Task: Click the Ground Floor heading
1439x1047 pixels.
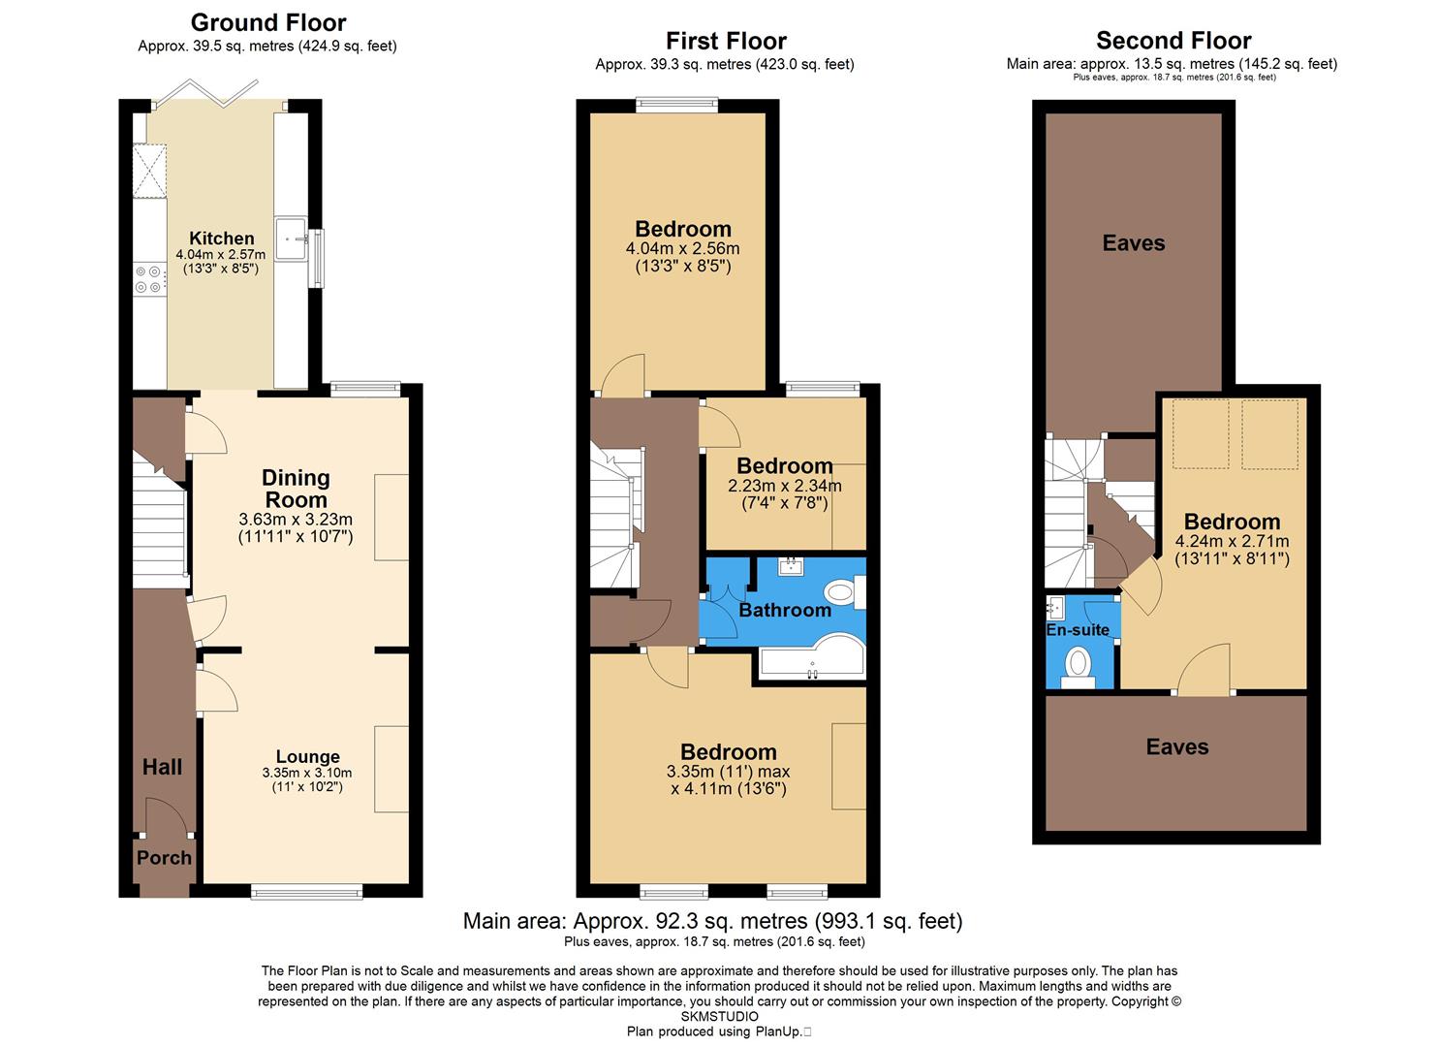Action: pyautogui.click(x=268, y=22)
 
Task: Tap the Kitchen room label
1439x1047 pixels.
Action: pyautogui.click(x=222, y=238)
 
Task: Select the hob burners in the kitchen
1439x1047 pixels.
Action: pyautogui.click(x=148, y=279)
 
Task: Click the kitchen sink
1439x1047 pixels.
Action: pyautogui.click(x=292, y=238)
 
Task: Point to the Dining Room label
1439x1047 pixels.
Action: pyautogui.click(x=296, y=489)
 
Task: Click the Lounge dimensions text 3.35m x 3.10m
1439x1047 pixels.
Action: pyautogui.click(x=306, y=773)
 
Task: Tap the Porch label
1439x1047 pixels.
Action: pyautogui.click(x=164, y=858)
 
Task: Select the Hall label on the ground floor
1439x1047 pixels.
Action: pyautogui.click(x=162, y=767)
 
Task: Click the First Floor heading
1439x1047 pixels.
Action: pyautogui.click(x=726, y=41)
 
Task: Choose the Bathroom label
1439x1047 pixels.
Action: pyautogui.click(x=785, y=610)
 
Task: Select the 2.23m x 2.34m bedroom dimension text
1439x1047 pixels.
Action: pyautogui.click(x=785, y=486)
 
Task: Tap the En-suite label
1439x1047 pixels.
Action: pyautogui.click(x=1078, y=630)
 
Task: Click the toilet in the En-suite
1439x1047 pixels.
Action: pyautogui.click(x=1078, y=667)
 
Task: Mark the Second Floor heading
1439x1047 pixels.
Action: pyautogui.click(x=1173, y=41)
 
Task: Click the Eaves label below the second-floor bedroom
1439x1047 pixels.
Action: pyautogui.click(x=1177, y=747)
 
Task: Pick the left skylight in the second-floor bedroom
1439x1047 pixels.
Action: pyautogui.click(x=1201, y=433)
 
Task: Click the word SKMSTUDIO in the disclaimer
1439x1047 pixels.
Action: pyautogui.click(x=719, y=1016)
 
